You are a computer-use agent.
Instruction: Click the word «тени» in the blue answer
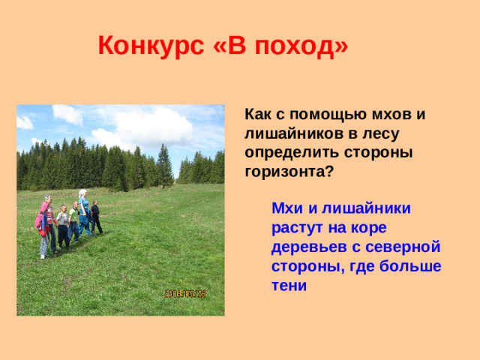coord(289,286)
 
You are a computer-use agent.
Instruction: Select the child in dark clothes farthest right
coord(96,217)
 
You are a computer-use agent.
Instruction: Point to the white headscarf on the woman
coord(82,193)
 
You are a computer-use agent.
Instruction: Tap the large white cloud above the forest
coord(142,127)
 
